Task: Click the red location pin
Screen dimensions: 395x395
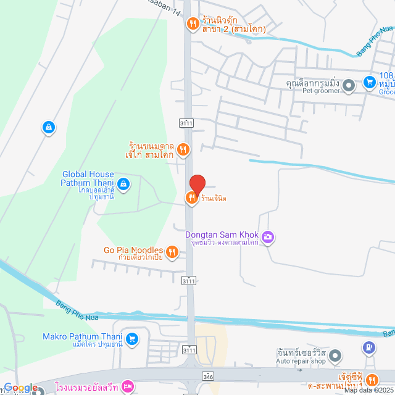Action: [197, 184]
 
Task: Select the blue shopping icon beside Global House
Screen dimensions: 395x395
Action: [123, 183]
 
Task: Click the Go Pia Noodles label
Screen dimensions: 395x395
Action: [133, 250]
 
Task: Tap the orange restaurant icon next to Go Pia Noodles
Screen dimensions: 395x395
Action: [172, 251]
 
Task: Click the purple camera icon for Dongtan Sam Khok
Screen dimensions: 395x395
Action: [268, 236]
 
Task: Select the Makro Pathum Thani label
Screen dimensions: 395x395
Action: [82, 337]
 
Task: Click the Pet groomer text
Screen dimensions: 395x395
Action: [320, 91]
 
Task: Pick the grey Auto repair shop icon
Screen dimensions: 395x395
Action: [335, 355]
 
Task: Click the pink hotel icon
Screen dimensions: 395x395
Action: [127, 386]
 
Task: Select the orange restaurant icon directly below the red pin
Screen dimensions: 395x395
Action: [191, 197]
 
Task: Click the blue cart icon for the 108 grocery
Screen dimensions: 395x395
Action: [370, 81]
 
